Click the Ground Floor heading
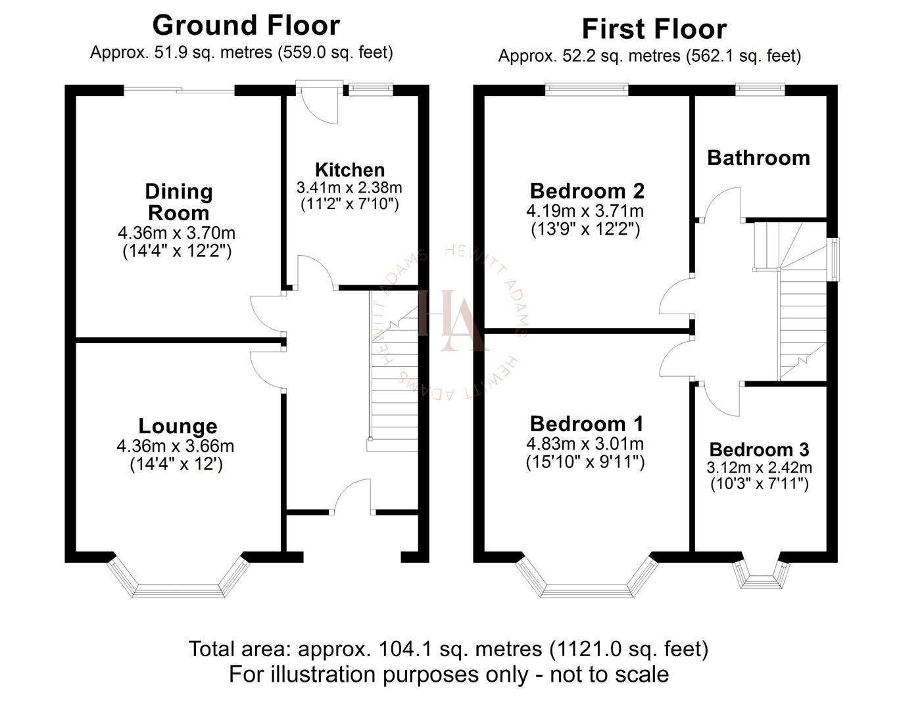[246, 26]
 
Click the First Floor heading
[654, 30]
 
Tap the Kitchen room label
[349, 170]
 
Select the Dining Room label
[178, 202]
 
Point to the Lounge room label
[178, 427]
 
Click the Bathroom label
[758, 158]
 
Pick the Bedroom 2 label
[587, 191]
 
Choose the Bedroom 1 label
[587, 424]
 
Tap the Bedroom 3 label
[759, 450]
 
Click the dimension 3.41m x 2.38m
[349, 188]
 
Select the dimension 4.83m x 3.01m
[585, 444]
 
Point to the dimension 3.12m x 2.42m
[759, 468]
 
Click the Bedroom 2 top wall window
[587, 89]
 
